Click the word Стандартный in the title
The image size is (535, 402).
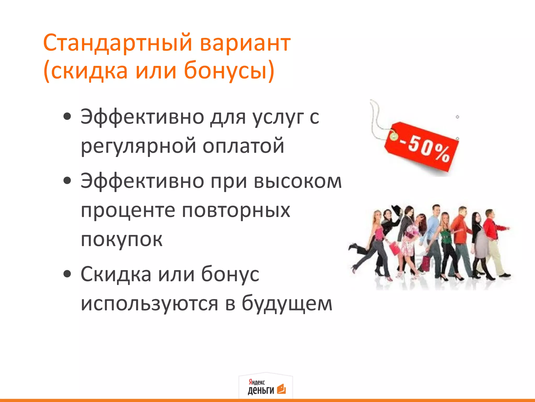click(118, 43)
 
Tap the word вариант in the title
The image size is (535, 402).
click(245, 43)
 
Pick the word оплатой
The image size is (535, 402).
click(243, 146)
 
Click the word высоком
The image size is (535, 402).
click(298, 181)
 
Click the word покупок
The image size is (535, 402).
click(121, 239)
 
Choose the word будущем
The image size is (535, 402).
click(287, 304)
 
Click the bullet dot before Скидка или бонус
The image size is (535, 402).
click(67, 274)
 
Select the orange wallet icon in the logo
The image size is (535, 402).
click(281, 389)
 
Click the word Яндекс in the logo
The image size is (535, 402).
click(257, 382)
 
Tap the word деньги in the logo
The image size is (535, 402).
click(260, 390)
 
